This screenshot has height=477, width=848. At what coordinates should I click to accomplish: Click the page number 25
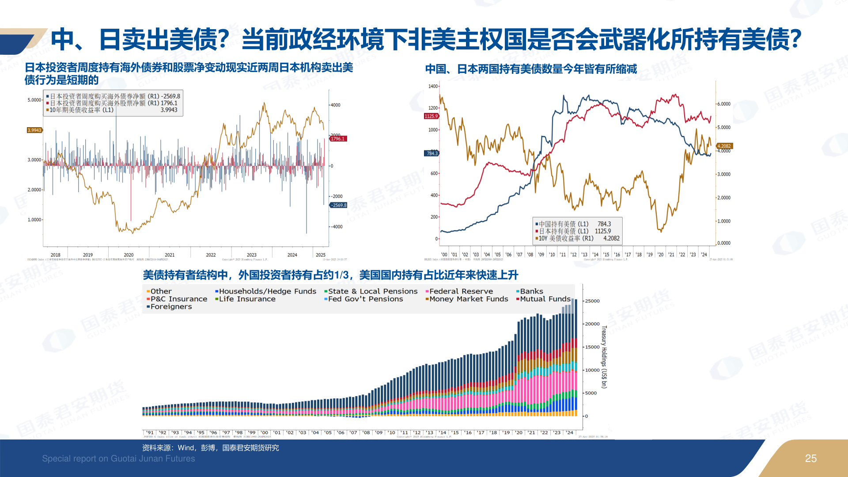(810, 458)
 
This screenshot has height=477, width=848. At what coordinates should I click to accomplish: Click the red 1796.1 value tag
(338, 139)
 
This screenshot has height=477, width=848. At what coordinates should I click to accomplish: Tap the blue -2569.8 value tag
(339, 205)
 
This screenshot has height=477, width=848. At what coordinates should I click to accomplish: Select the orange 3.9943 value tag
(34, 130)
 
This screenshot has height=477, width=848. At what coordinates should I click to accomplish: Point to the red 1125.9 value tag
(431, 116)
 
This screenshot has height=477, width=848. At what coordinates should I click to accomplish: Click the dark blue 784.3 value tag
(432, 153)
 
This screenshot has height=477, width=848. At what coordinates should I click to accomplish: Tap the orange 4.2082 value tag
(724, 146)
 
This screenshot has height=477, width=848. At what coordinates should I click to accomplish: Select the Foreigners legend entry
(171, 307)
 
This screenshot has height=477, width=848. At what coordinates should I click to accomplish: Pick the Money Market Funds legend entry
(468, 299)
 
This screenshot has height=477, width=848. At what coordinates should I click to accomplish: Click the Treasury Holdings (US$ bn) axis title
(604, 357)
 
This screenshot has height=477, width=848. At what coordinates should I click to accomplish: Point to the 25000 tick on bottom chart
(592, 301)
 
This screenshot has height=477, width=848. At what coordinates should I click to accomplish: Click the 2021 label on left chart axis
(170, 255)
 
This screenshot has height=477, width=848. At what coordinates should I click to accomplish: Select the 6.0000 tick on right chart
(723, 104)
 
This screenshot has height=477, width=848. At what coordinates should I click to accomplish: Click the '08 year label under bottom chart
(366, 433)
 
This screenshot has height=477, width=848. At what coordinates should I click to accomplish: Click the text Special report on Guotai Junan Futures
(118, 458)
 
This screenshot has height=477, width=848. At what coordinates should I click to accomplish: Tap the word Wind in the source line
(185, 448)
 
